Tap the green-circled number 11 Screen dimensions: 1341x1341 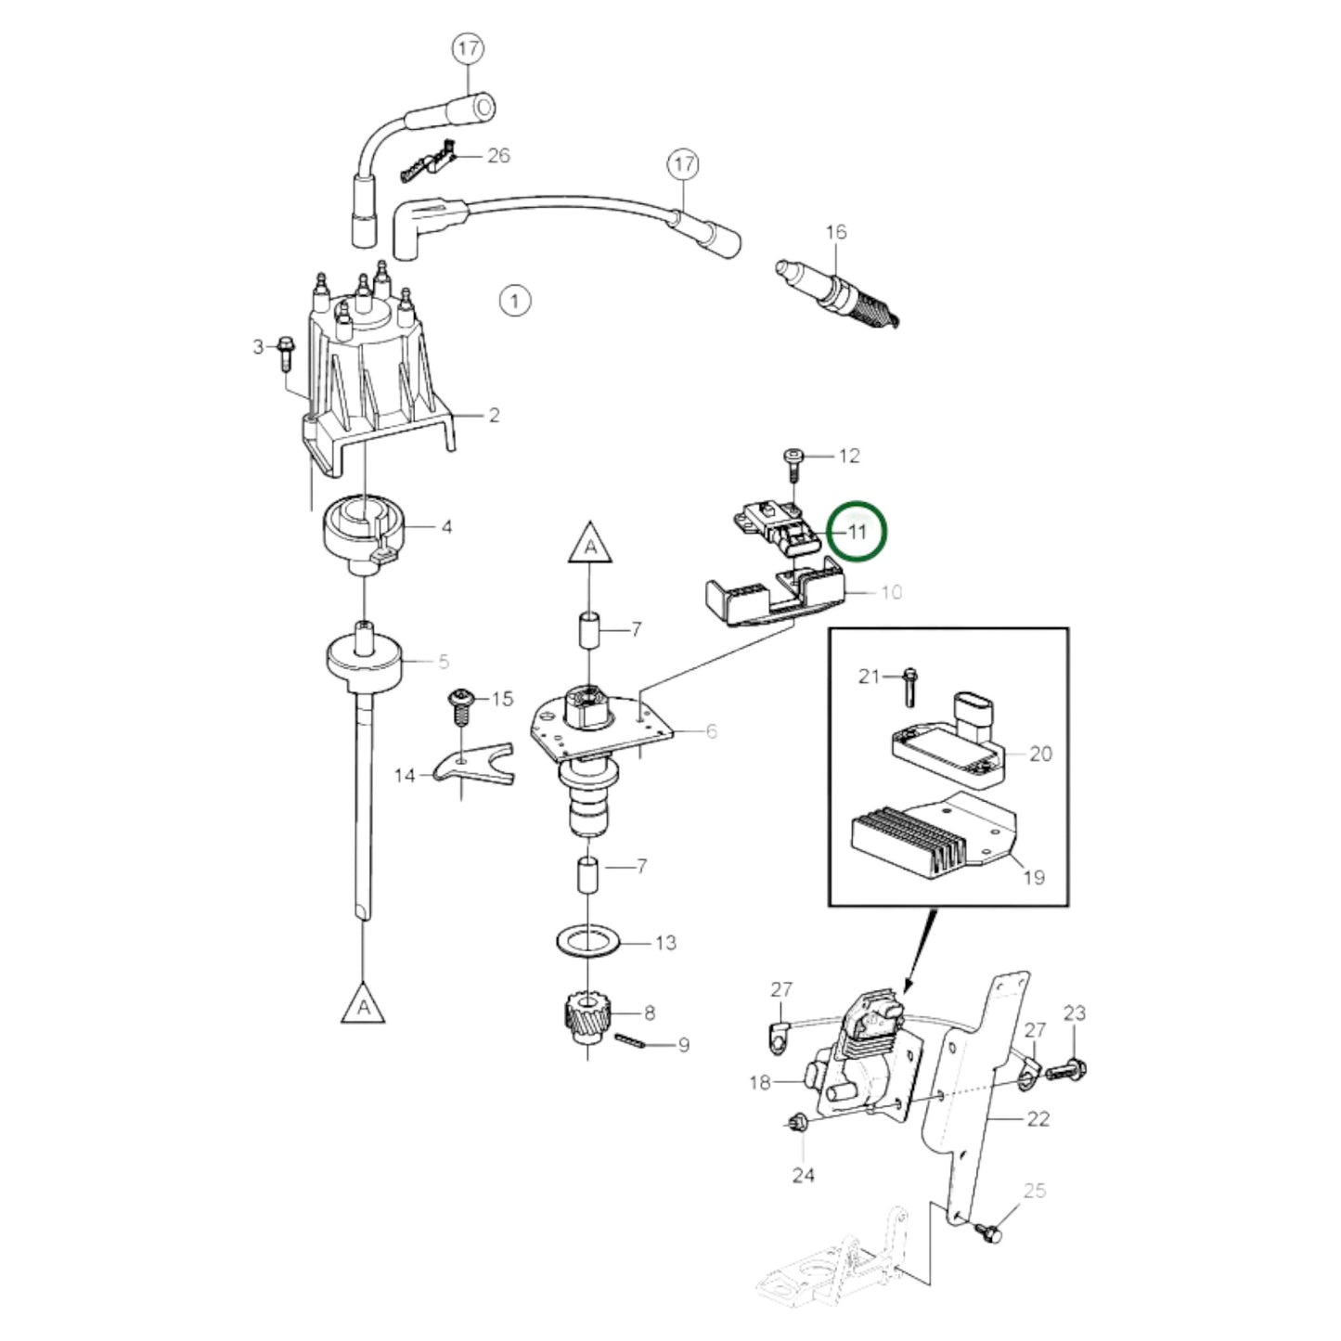[857, 532]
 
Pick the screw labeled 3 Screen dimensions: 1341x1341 [283, 357]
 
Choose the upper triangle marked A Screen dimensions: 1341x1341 [591, 542]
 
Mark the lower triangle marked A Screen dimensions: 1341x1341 [363, 1004]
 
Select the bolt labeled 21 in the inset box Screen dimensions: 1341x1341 [907, 685]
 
